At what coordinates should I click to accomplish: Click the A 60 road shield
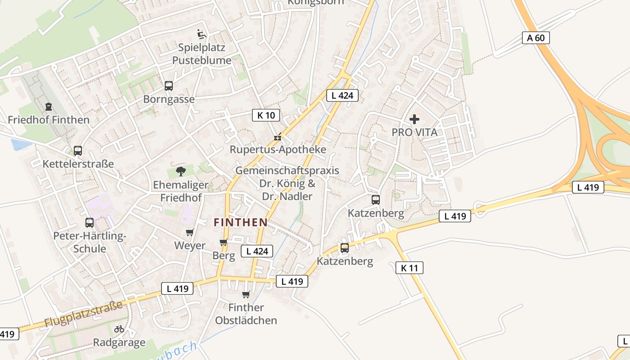[536, 38]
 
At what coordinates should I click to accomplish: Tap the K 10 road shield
[266, 115]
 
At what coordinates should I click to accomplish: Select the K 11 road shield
[409, 268]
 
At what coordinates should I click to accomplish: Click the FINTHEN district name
[241, 222]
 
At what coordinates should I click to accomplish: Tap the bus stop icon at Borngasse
[169, 85]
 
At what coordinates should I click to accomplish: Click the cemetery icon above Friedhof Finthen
[49, 107]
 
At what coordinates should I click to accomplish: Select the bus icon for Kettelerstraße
[78, 150]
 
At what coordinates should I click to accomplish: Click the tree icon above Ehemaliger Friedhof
[181, 171]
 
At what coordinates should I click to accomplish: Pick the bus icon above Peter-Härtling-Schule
[90, 222]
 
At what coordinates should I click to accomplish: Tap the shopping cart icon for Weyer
[190, 232]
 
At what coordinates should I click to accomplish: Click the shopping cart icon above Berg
[224, 243]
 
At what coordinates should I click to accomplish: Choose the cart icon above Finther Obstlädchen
[246, 294]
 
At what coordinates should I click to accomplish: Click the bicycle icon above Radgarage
[119, 329]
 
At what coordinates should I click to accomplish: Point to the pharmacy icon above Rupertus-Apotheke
[278, 136]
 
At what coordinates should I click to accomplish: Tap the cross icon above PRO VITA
[414, 119]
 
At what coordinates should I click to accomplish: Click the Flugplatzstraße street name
[84, 315]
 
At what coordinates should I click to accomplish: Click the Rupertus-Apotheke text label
[278, 149]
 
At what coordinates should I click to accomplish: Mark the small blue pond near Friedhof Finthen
[21, 144]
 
